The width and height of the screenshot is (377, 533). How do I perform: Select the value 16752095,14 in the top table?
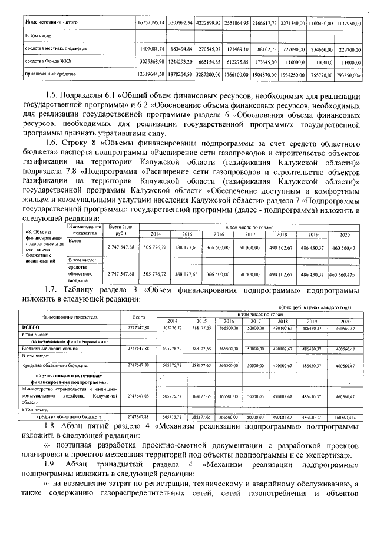151,22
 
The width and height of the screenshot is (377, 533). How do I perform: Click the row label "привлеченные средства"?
51,75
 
